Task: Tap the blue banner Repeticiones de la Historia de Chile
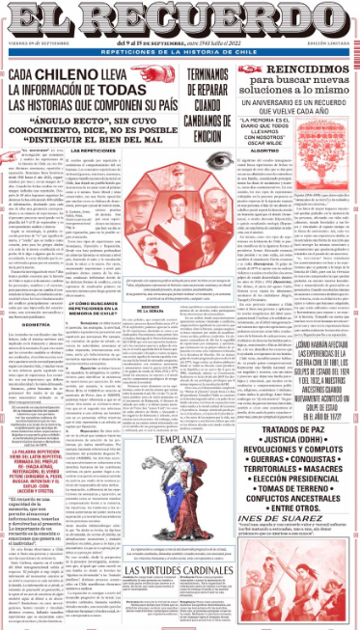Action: click(x=180, y=51)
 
